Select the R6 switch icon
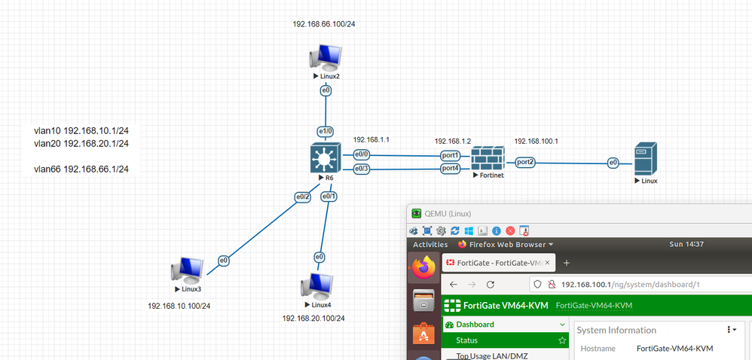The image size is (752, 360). [326, 159]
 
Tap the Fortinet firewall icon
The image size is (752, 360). [487, 160]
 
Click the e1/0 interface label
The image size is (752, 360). [326, 131]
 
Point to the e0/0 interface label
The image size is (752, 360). [362, 155]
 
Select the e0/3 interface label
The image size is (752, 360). [362, 168]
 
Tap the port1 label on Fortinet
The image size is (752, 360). [451, 155]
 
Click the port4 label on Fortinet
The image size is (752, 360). [451, 168]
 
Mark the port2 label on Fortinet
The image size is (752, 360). [526, 162]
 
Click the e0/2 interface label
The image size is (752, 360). [302, 197]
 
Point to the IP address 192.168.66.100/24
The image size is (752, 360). [324, 24]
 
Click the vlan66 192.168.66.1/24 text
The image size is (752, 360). [81, 169]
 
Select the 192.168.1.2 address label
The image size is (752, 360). [452, 141]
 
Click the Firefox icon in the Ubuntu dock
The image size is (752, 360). [424, 267]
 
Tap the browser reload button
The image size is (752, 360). [491, 285]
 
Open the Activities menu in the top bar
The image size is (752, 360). [430, 244]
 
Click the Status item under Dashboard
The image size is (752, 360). [466, 340]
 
